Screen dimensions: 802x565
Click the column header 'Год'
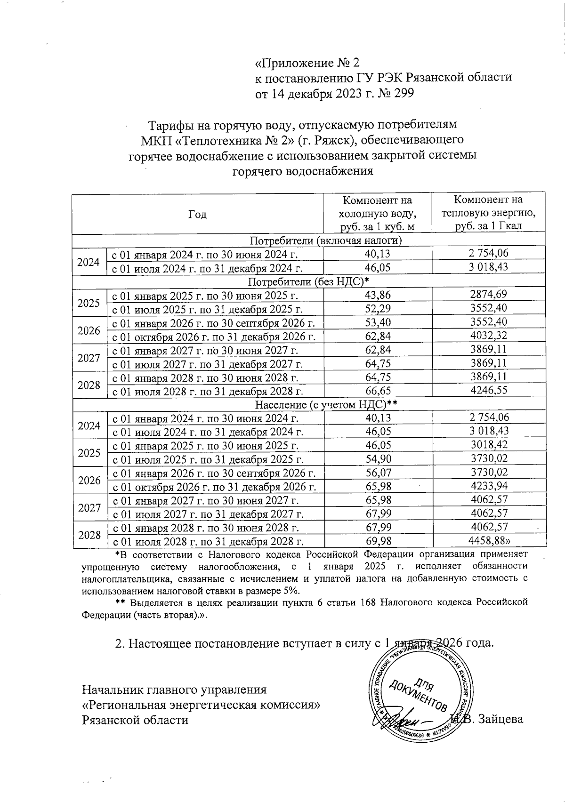pos(197,215)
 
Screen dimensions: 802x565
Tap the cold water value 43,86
pos(378,296)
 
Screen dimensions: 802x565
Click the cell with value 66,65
pos(378,391)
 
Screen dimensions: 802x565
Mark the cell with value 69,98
pos(378,541)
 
